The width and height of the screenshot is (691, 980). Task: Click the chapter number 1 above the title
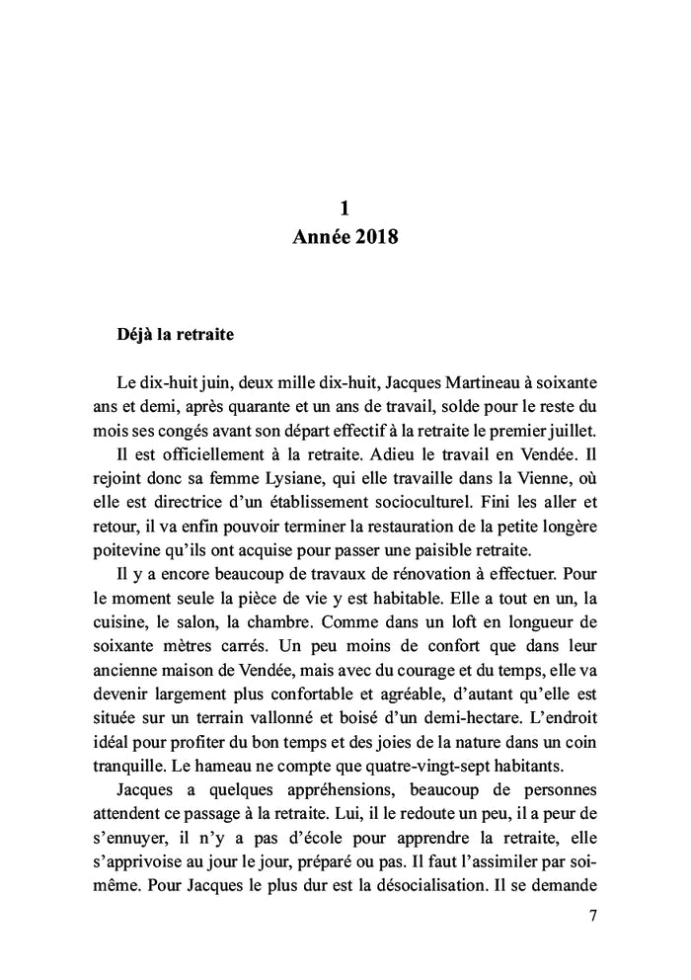click(x=345, y=207)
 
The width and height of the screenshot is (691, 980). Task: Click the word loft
click(x=449, y=576)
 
